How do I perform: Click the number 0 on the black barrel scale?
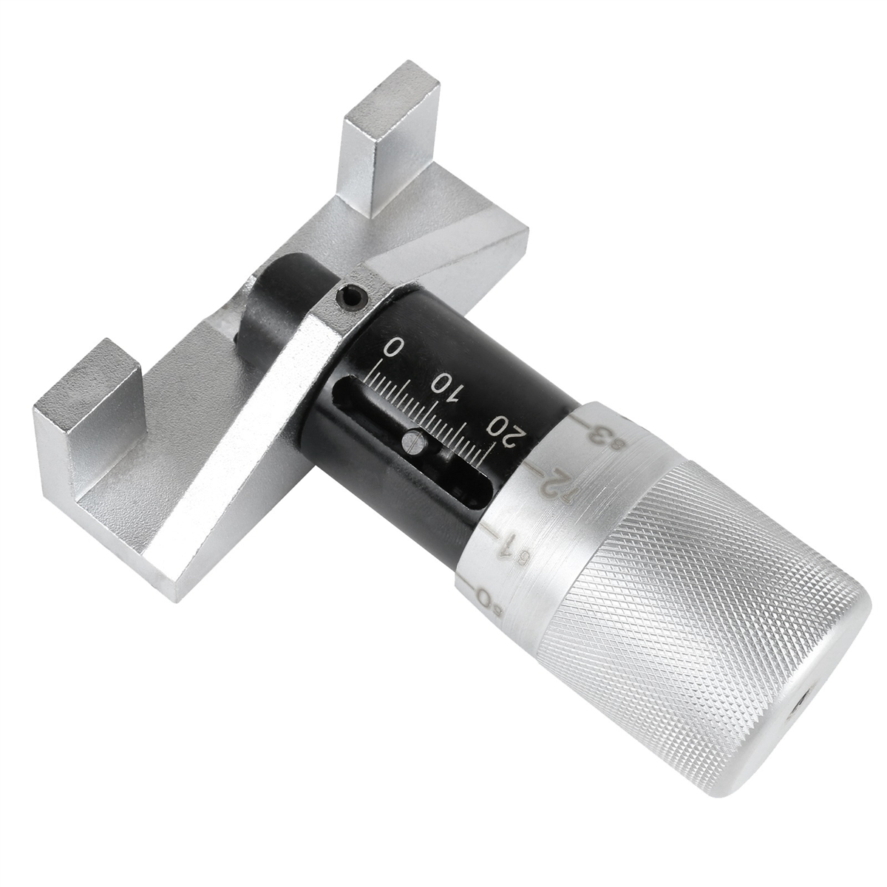[397, 347]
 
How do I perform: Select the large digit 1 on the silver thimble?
[504, 546]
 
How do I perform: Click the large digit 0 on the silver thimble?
[483, 595]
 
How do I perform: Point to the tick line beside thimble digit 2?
[534, 470]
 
